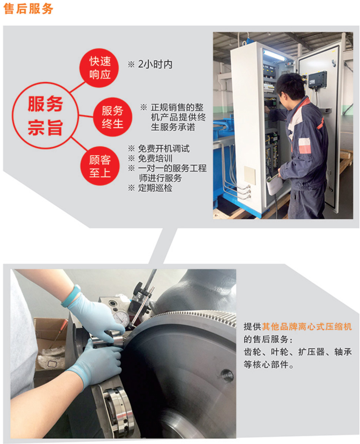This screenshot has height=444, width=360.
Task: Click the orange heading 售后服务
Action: pos(28,8)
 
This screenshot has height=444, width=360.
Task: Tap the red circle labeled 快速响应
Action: pos(99,68)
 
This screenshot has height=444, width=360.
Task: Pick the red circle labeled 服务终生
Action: pos(113,117)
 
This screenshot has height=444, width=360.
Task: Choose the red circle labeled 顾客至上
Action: pos(100,166)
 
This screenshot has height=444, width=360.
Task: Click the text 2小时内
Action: pos(155,64)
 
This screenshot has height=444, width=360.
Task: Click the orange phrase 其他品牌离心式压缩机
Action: pos(307,327)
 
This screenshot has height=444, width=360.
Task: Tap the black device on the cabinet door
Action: pos(317,79)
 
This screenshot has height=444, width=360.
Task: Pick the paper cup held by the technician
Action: pos(275,184)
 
